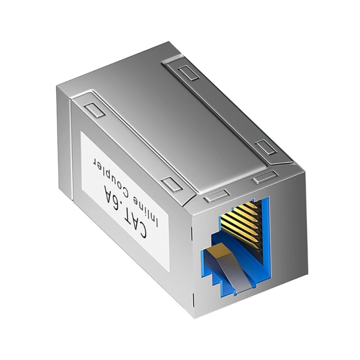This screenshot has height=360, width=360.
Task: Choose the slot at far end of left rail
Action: click(92, 109)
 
